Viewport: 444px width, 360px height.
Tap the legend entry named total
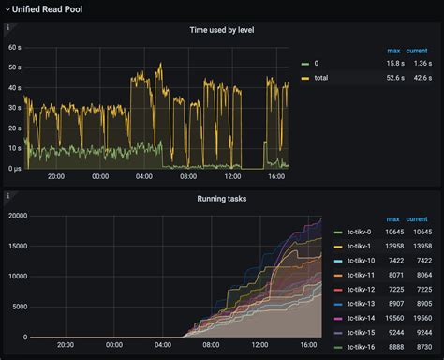322,78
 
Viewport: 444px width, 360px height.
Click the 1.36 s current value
422,63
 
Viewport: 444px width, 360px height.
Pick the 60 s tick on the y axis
14,47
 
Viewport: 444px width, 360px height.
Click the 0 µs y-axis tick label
13,168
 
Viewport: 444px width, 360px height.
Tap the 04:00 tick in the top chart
143,176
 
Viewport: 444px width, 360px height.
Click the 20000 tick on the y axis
16,216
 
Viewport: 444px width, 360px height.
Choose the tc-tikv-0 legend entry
360,231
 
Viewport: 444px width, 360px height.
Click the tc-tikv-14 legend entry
362,318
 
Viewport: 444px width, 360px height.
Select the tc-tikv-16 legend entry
362,347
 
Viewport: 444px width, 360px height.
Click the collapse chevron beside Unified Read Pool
7,7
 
